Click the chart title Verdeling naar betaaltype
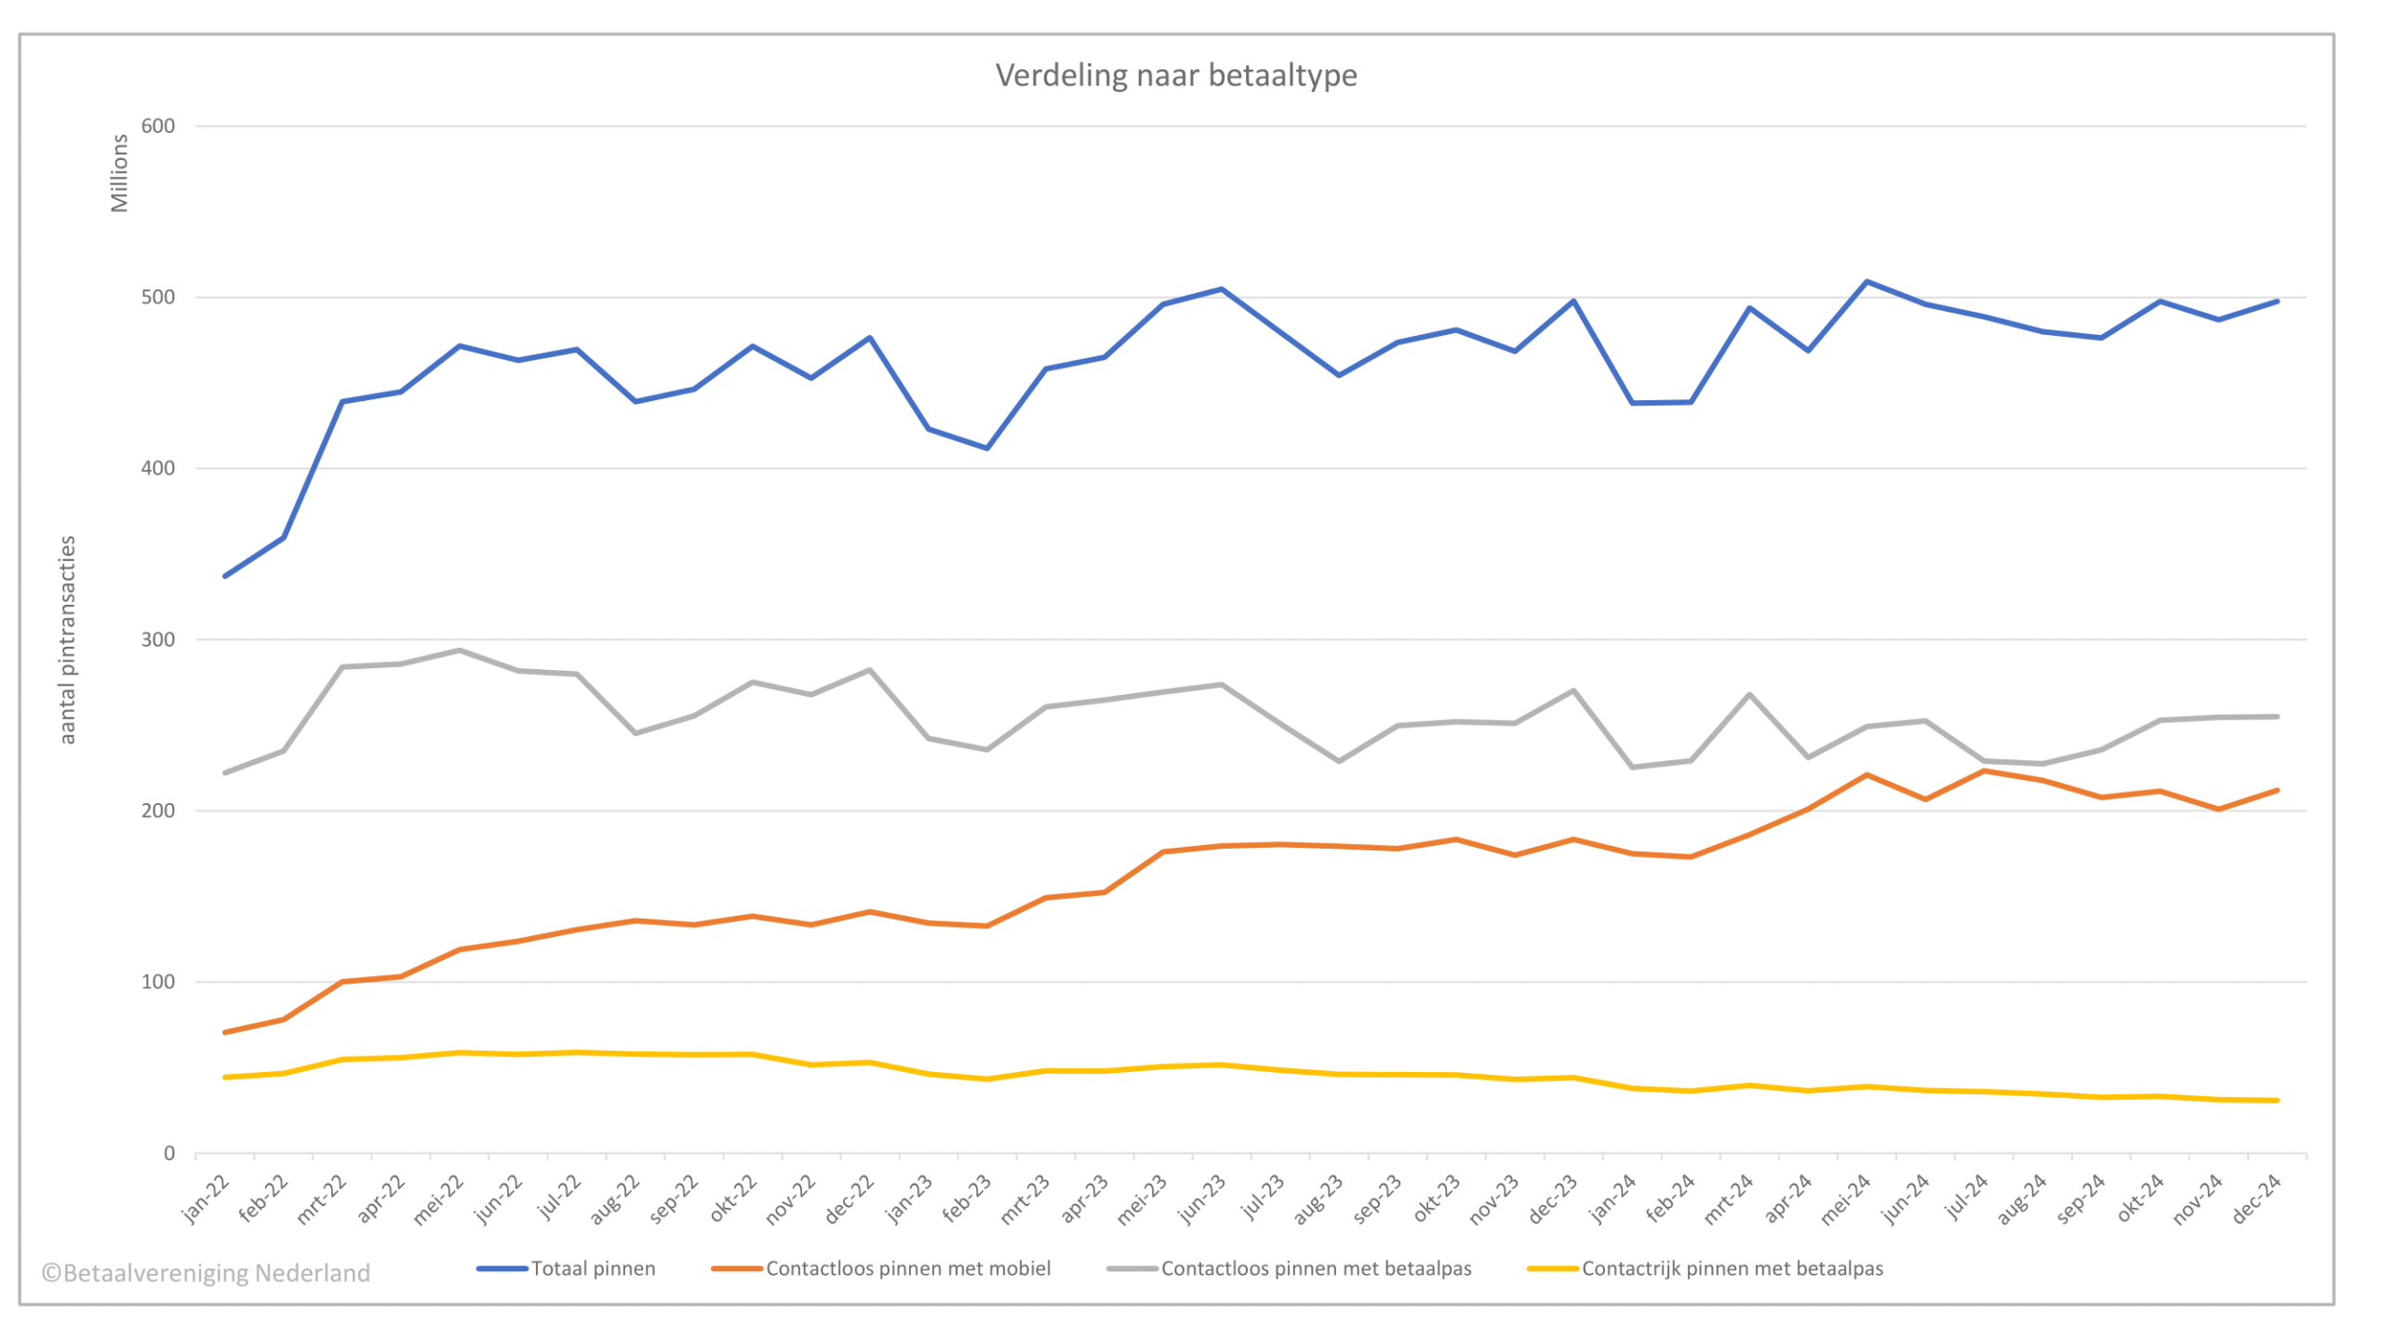[1175, 74]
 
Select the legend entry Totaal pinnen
[592, 1268]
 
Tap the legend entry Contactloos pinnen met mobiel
[907, 1268]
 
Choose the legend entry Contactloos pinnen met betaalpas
[1315, 1268]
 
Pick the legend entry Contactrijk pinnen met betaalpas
[1732, 1268]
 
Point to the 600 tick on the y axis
[158, 127]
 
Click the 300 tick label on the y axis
[158, 639]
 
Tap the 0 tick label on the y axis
[169, 1153]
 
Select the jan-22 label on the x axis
[206, 1199]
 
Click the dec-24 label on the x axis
[2257, 1199]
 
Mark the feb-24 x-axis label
[1670, 1199]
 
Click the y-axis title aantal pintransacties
[67, 639]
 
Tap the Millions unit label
[119, 173]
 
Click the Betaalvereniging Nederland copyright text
[206, 1272]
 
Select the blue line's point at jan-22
[225, 576]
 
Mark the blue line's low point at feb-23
[987, 448]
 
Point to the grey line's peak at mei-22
[460, 650]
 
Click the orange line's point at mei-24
[1867, 775]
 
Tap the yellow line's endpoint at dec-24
[2277, 1100]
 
